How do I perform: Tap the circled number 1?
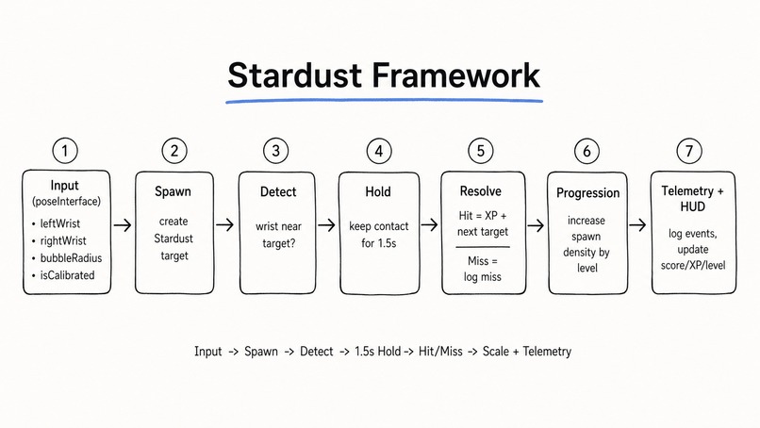click(65, 151)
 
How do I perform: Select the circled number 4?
click(377, 151)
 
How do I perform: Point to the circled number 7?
click(690, 151)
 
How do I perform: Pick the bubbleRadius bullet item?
click(71, 258)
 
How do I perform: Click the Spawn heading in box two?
click(173, 191)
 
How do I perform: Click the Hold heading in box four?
click(378, 191)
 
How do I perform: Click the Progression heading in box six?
click(587, 192)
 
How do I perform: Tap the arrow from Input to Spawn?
click(122, 225)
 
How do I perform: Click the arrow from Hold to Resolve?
click(429, 225)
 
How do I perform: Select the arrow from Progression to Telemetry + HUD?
click(637, 225)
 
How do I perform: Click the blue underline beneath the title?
click(384, 99)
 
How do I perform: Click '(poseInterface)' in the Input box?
click(66, 202)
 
